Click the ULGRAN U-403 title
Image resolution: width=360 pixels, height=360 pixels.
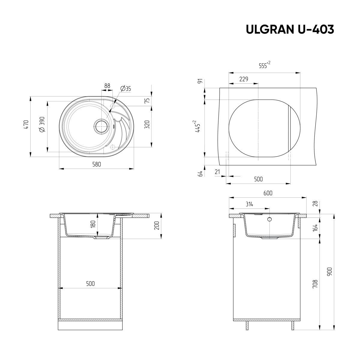[290, 29]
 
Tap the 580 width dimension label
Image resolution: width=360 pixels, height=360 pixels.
[97, 164]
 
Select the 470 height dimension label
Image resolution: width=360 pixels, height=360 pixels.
[26, 124]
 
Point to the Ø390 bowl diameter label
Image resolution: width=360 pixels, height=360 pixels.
[42, 124]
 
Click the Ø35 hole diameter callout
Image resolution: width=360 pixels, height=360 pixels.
[125, 88]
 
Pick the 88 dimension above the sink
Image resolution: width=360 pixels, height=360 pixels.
[107, 86]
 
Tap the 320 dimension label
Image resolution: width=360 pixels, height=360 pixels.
[147, 124]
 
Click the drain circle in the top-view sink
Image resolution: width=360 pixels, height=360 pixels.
[102, 126]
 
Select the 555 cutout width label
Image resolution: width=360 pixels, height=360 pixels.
[265, 65]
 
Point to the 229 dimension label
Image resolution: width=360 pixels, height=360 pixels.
[244, 79]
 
